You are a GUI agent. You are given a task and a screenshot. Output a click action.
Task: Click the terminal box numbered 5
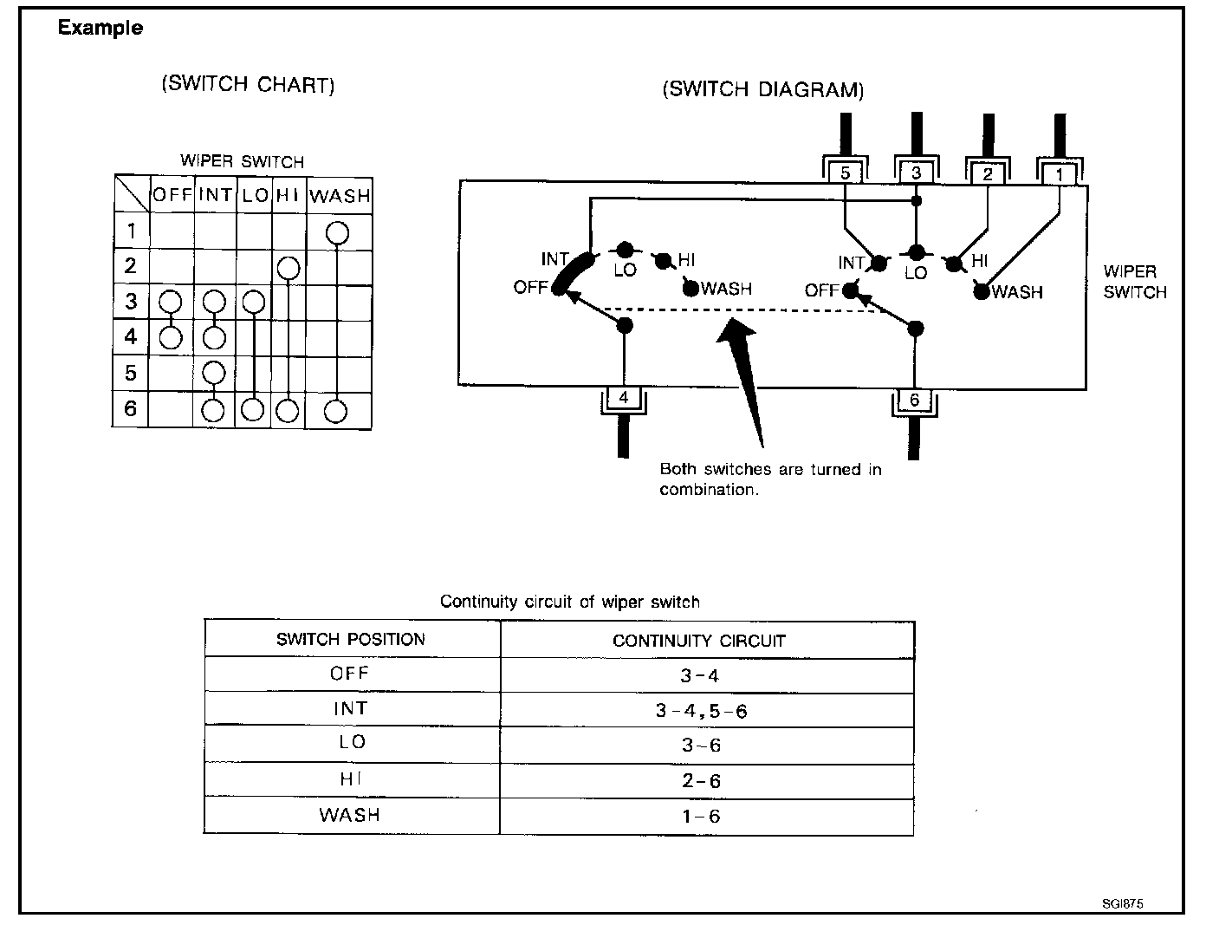tap(845, 173)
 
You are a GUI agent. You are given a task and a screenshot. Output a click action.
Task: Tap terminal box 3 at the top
tap(917, 173)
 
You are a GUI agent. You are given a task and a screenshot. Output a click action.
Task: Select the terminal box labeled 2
tap(988, 173)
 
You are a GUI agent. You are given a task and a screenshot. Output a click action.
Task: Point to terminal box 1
tap(1060, 174)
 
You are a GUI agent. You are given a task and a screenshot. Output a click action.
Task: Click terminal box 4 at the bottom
tap(624, 398)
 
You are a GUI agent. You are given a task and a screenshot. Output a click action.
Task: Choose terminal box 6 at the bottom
tap(915, 400)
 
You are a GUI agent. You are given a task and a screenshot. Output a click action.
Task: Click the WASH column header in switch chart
tap(340, 196)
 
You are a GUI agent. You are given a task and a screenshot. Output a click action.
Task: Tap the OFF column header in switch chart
tap(172, 195)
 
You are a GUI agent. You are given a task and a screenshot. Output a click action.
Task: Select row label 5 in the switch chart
tap(131, 373)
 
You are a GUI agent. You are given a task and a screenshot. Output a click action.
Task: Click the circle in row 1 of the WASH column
tap(337, 232)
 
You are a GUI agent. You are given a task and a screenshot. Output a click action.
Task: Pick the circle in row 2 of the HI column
tap(289, 269)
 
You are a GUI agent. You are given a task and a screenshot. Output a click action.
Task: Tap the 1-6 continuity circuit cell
tap(701, 817)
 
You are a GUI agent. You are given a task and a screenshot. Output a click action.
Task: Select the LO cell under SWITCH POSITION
tap(352, 743)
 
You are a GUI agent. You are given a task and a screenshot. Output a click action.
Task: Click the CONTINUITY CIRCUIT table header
tap(698, 641)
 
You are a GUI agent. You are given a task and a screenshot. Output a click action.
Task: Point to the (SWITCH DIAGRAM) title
tap(762, 89)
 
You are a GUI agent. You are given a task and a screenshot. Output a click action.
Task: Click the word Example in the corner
tap(100, 28)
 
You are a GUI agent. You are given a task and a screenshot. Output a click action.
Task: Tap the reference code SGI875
tap(1123, 903)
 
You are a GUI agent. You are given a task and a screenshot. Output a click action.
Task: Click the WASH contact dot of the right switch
tap(981, 292)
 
